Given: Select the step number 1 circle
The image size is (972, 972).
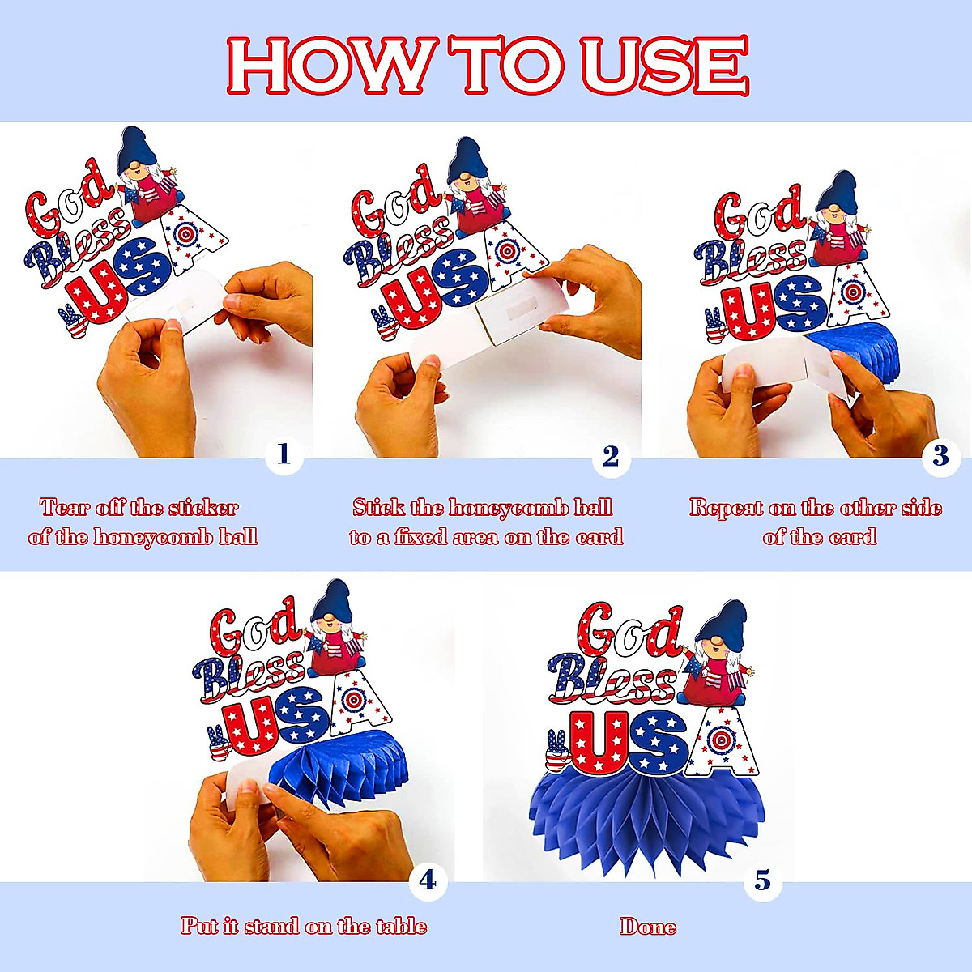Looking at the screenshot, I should click(283, 455).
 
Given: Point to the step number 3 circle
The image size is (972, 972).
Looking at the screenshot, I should click(940, 456).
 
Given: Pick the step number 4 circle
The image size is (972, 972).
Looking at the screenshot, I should click(428, 880).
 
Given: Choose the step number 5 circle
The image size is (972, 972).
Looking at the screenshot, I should click(763, 880).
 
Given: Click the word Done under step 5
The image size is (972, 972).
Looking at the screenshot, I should click(648, 926).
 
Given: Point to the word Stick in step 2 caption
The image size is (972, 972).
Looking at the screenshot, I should click(377, 508).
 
